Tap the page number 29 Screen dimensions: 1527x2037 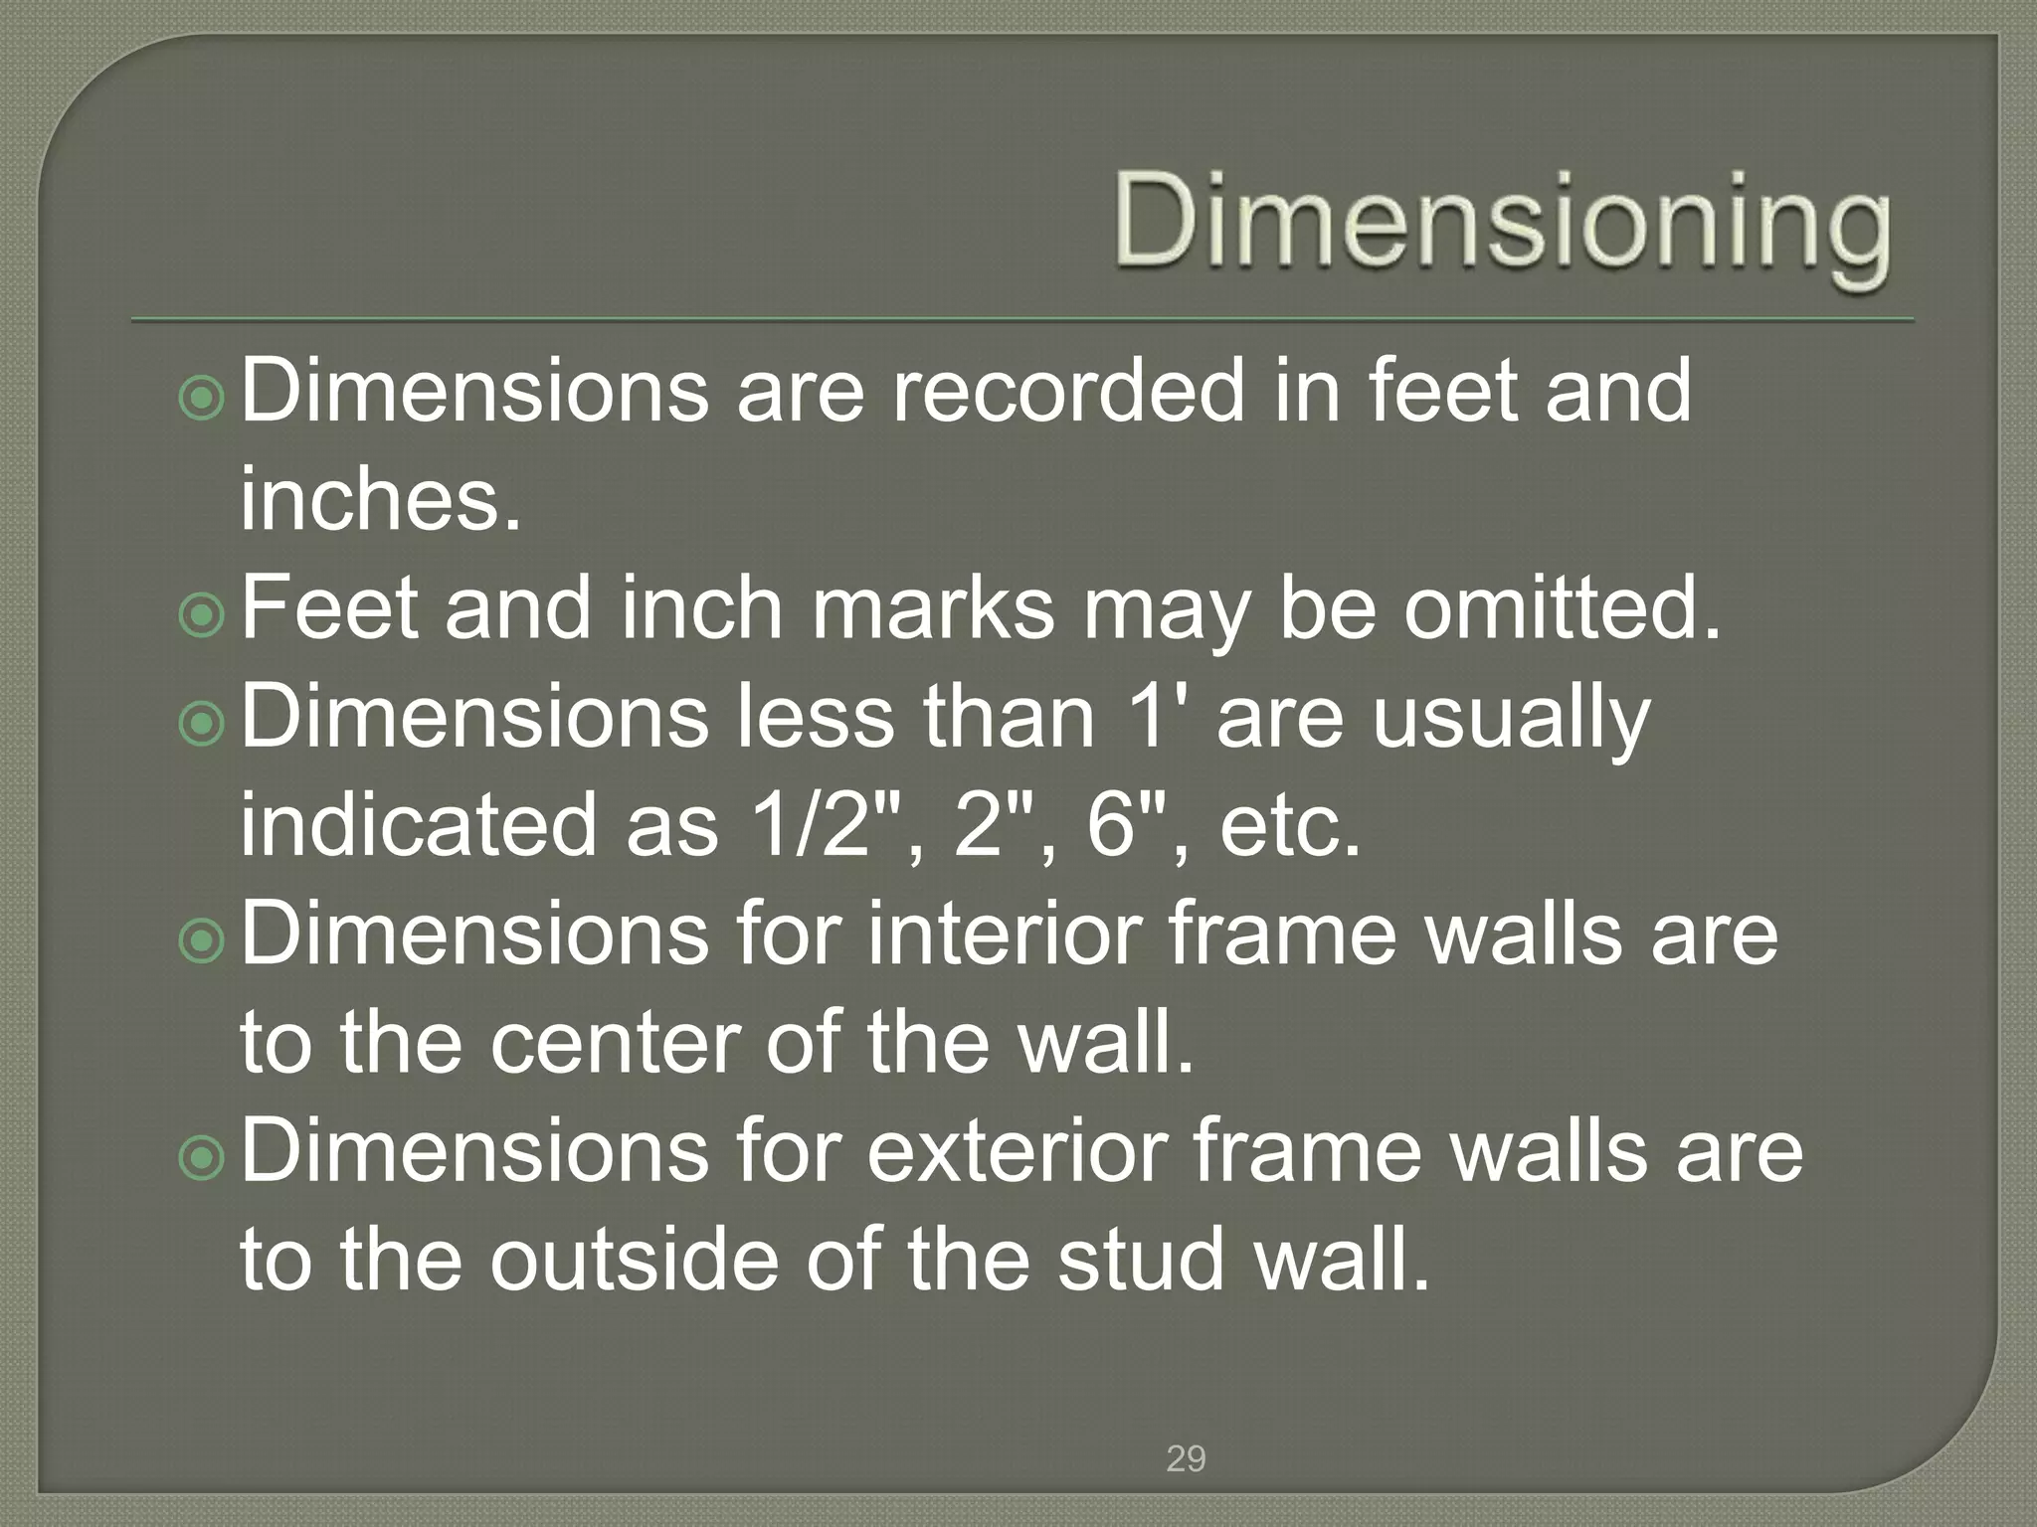point(1186,1459)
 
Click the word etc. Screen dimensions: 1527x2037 point(1290,827)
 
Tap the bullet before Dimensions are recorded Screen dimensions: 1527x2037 point(203,400)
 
